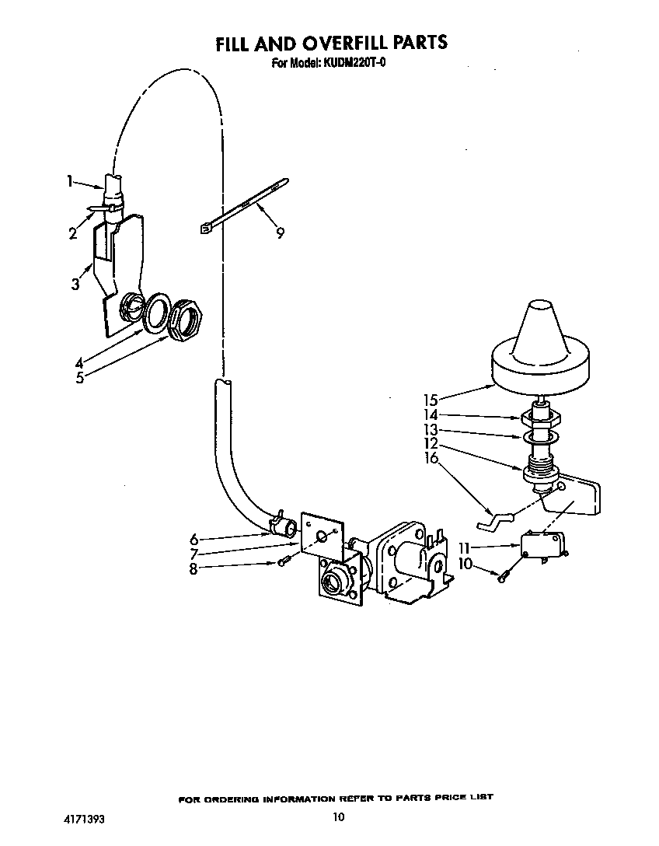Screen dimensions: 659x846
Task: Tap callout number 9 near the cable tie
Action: (280, 233)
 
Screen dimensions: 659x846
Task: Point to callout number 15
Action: (431, 400)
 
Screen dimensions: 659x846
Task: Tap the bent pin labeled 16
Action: (495, 521)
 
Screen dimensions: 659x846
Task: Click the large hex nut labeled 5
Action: (187, 320)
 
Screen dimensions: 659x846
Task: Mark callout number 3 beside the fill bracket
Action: (75, 284)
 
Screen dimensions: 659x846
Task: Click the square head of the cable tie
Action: (204, 229)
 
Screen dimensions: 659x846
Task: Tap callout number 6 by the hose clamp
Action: (194, 539)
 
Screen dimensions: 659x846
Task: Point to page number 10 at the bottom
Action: (338, 817)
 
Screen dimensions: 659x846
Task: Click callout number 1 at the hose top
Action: (70, 181)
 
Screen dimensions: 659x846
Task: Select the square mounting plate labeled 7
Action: (322, 537)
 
